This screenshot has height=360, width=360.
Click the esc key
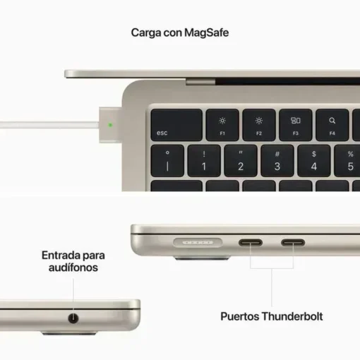pos(176,125)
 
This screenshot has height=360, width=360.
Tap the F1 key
pos(222,125)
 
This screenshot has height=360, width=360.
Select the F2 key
pos(259,125)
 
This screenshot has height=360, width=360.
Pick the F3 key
pos(296,125)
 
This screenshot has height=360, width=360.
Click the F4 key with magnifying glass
pos(332,125)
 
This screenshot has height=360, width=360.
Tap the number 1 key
pos(204,161)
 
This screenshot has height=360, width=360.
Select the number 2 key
pos(241,161)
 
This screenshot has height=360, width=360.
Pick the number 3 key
pos(277,161)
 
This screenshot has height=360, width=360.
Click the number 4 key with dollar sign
pos(314,161)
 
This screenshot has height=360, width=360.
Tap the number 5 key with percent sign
pos(347,161)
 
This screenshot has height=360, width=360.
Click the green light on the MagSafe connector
pos(110,125)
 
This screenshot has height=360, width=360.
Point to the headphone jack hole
pos(73,318)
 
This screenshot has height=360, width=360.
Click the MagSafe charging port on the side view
pos(198,242)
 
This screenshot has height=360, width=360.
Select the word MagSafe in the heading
pos(206,32)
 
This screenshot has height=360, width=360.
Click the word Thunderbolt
pos(292,316)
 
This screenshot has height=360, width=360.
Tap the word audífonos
pos(73,268)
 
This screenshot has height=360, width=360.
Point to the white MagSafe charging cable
pos(49,125)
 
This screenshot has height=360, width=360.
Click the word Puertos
pos(240,316)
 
